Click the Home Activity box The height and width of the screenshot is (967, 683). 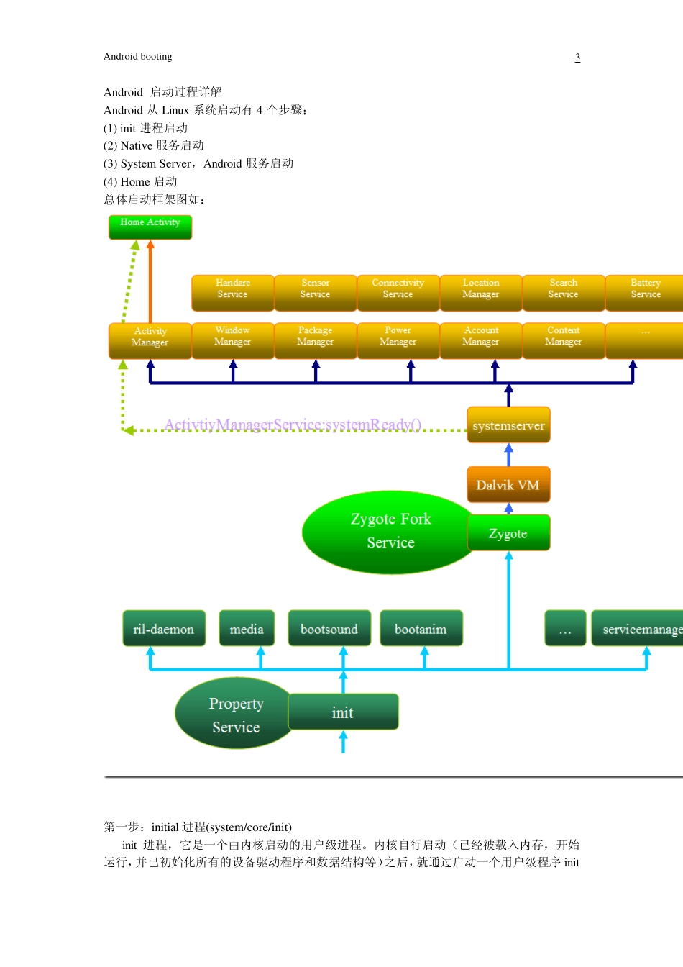[150, 227]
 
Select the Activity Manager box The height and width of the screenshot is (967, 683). [150, 340]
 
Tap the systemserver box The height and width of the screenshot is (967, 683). [508, 425]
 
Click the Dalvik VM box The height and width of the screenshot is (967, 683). [508, 484]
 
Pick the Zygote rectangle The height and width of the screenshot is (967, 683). [508, 533]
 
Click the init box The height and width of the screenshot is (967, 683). [343, 712]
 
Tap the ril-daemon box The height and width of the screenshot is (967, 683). [164, 629]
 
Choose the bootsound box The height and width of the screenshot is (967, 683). [329, 629]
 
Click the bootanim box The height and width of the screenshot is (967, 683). [421, 629]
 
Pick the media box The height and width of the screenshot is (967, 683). [247, 629]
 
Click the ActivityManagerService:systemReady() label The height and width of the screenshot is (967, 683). [293, 425]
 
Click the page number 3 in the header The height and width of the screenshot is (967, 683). [577, 58]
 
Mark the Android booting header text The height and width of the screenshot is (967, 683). [138, 57]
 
